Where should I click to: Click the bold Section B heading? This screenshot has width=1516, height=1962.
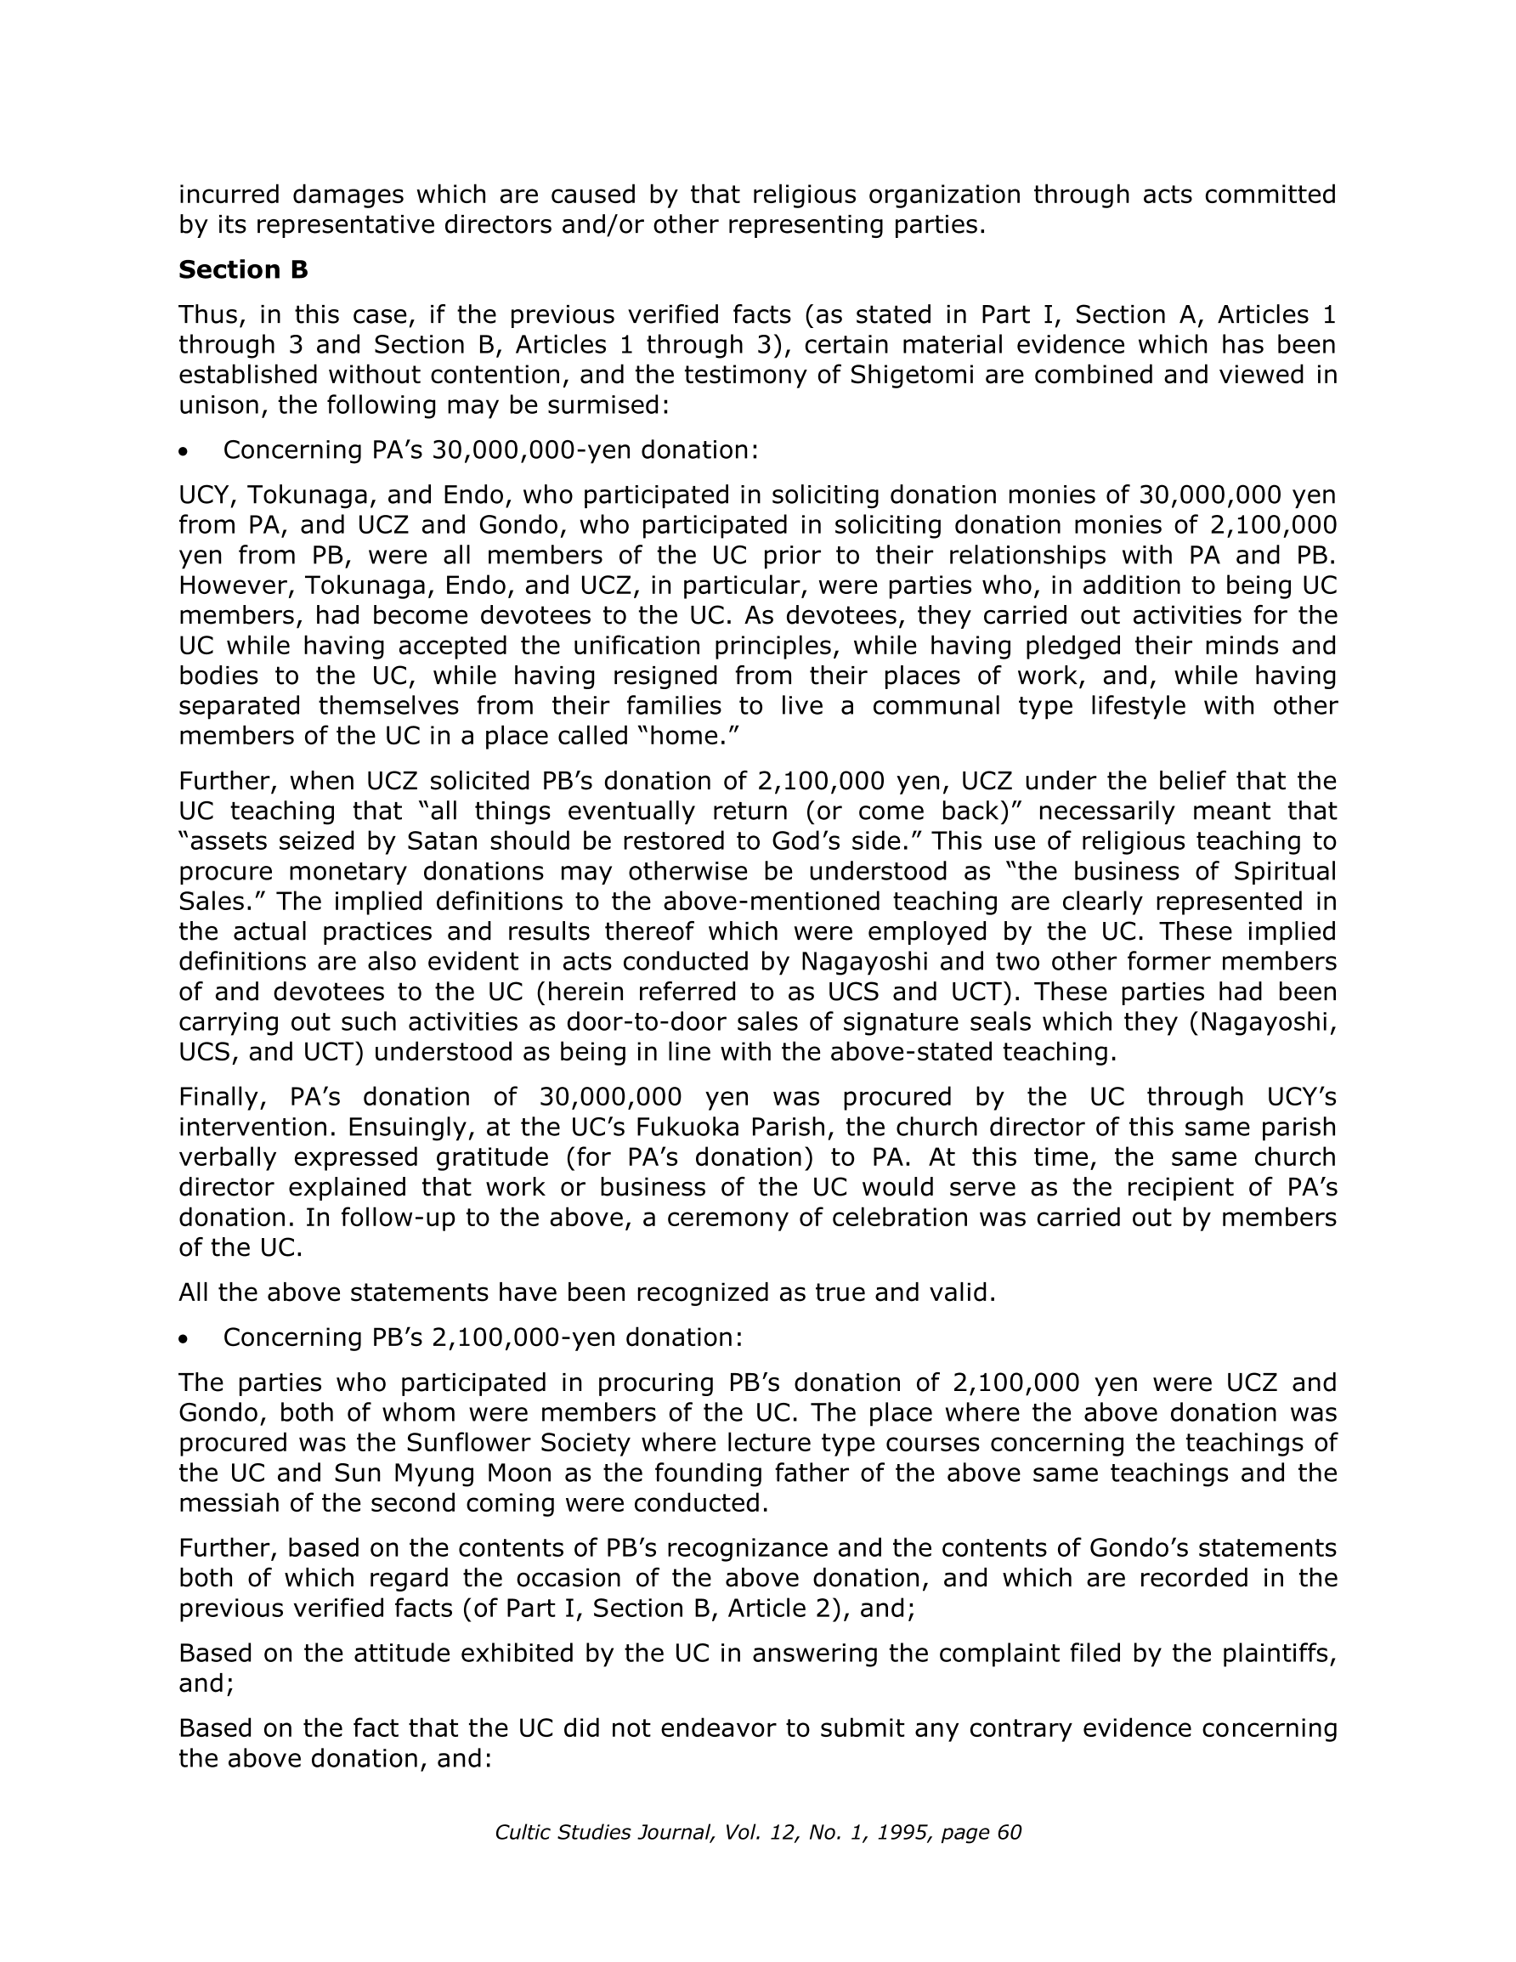tap(243, 269)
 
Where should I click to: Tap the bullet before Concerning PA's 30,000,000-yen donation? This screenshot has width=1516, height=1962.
tap(184, 452)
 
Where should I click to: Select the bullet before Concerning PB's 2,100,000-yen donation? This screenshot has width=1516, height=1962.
tap(184, 1339)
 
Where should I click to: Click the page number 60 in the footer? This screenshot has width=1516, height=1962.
tap(1009, 1833)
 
